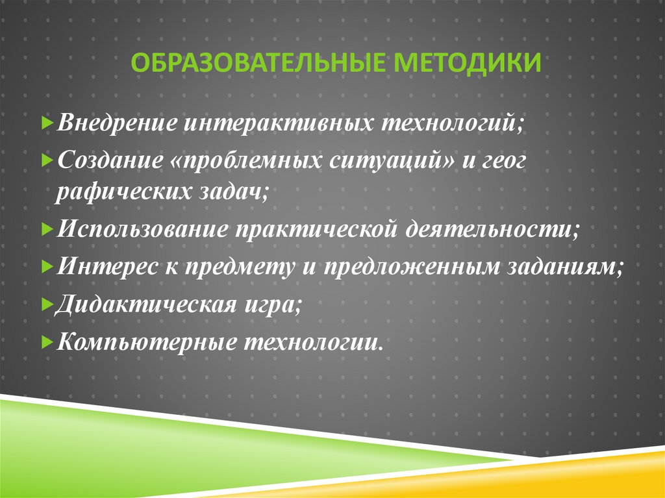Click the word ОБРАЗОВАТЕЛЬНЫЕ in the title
point(255,64)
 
